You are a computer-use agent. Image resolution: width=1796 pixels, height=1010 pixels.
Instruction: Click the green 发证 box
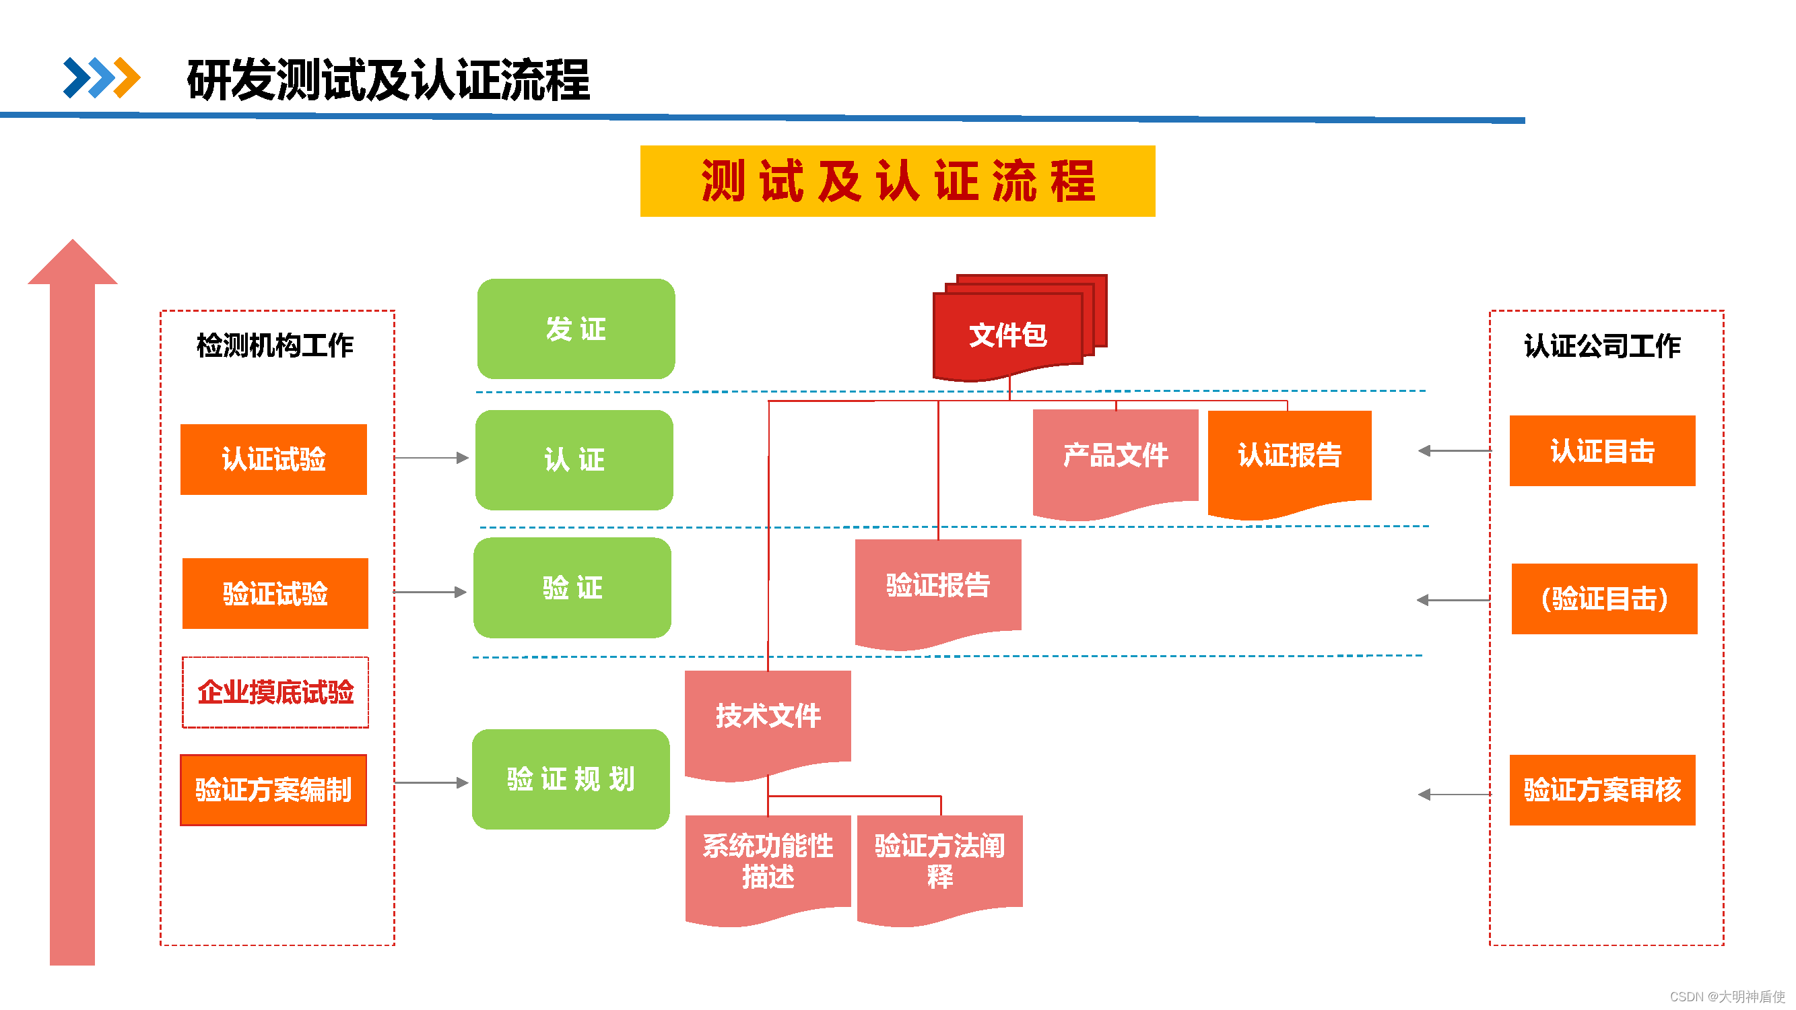coord(576,329)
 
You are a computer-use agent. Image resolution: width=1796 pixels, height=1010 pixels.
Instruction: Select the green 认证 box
coord(574,459)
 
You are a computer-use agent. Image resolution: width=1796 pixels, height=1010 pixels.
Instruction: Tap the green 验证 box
coord(572,588)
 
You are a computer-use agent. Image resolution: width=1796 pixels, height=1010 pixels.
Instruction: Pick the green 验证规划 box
coord(570,779)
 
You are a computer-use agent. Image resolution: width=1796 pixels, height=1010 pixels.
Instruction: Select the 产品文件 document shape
coord(1115,457)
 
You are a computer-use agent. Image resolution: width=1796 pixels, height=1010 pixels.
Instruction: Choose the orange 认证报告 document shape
coord(1289,457)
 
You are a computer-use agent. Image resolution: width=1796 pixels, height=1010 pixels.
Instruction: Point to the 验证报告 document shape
coord(938,586)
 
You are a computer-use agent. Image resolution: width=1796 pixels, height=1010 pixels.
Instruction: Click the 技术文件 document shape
coord(768,717)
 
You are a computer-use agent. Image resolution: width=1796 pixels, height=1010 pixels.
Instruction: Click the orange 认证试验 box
coord(273,459)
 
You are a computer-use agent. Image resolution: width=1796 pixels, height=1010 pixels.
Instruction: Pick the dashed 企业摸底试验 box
coord(275,692)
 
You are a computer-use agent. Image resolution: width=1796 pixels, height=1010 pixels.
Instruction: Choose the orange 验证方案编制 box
coord(273,790)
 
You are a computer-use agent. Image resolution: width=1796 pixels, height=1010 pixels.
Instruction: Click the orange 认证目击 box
coord(1601,451)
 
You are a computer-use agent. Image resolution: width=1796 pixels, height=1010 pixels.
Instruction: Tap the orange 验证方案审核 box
coord(1601,790)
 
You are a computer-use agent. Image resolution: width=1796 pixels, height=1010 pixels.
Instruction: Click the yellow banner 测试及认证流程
coord(897,181)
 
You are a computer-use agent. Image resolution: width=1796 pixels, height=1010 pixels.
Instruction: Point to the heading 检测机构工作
coord(275,345)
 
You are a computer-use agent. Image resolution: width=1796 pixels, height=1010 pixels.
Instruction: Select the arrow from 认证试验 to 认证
coord(431,458)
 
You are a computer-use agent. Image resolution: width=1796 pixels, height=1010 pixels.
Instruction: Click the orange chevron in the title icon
coord(127,77)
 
